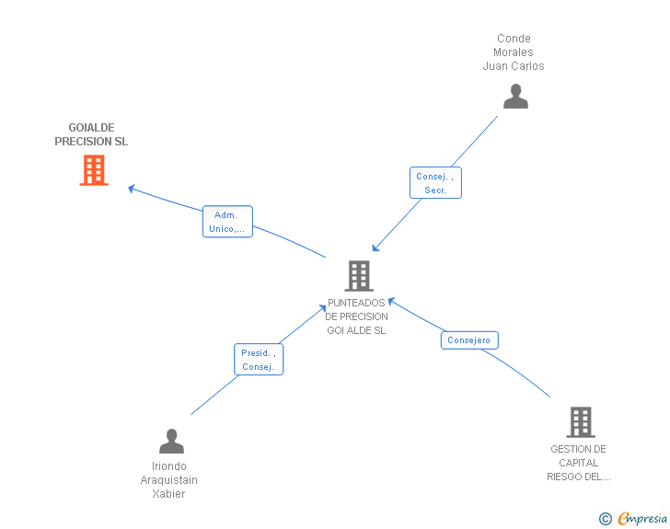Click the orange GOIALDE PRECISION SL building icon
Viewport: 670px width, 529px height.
tap(94, 170)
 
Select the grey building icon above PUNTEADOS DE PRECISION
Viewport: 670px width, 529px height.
tap(359, 275)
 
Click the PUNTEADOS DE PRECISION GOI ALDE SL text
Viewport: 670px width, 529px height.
tap(357, 316)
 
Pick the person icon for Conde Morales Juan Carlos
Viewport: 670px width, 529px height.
tap(515, 97)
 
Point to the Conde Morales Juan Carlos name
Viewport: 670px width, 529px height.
tap(514, 52)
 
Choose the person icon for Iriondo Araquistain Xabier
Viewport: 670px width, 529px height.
tap(171, 442)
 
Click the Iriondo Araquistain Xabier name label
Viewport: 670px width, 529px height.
tap(169, 480)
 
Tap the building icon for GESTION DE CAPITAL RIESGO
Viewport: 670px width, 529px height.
tap(580, 422)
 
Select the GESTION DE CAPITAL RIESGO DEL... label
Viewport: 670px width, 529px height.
tap(578, 463)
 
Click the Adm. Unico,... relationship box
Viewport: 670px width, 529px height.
tap(227, 222)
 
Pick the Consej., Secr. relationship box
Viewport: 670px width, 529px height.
tap(435, 183)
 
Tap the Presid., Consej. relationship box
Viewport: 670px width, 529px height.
tap(259, 360)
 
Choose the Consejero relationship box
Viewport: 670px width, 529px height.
tap(469, 340)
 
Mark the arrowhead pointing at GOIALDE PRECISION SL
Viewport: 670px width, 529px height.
tap(132, 189)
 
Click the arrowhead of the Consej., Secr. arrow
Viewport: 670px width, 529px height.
tap(375, 247)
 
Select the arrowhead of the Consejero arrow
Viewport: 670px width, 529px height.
tap(391, 300)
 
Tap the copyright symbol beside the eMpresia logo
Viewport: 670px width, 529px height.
tap(606, 519)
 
